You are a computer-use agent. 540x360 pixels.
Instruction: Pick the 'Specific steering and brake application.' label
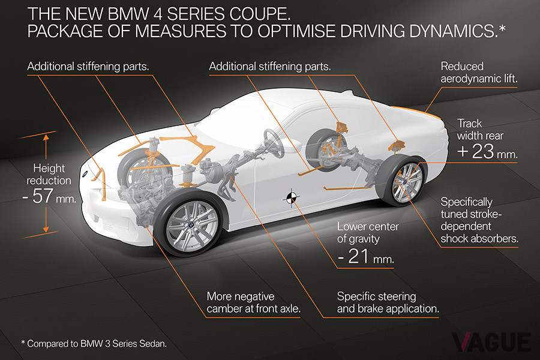point(388,303)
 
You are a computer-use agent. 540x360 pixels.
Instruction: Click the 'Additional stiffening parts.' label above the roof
point(270,66)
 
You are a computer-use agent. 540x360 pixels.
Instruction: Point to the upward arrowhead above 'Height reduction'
point(46,137)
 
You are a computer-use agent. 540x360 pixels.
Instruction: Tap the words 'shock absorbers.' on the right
point(479,238)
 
